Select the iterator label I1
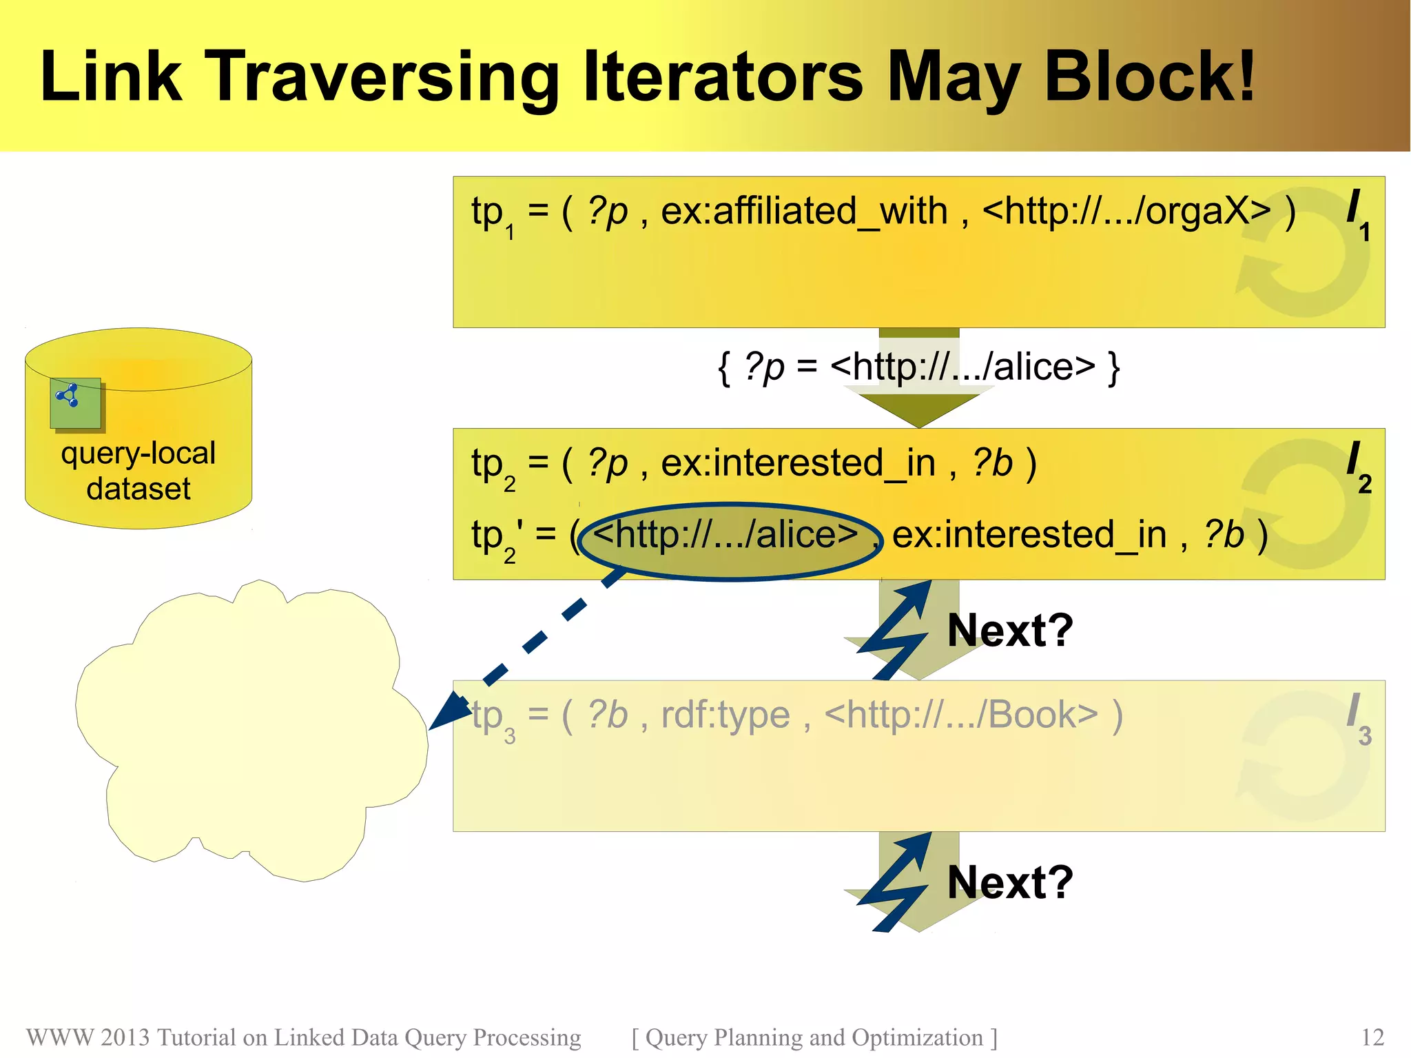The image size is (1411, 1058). pyautogui.click(x=1358, y=214)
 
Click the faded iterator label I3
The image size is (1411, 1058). pyautogui.click(x=1358, y=718)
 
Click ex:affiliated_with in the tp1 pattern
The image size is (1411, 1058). pyautogui.click(x=804, y=211)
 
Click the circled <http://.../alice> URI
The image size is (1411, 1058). pyautogui.click(x=726, y=535)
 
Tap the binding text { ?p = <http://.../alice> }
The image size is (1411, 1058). pyautogui.click(x=918, y=367)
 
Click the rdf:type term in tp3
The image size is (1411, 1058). pyautogui.click(x=725, y=715)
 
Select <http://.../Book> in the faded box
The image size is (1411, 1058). pyautogui.click(x=960, y=715)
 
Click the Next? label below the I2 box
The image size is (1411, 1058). pyautogui.click(x=1010, y=630)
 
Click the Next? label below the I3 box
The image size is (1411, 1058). pyautogui.click(x=1010, y=882)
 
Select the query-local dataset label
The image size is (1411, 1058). pyautogui.click(x=138, y=471)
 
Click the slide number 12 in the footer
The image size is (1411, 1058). pyautogui.click(x=1372, y=1037)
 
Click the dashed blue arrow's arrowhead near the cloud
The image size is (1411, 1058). pyautogui.click(x=449, y=710)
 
